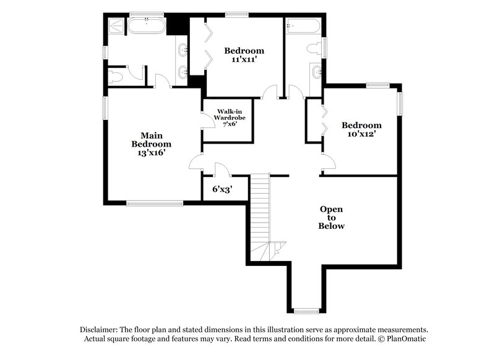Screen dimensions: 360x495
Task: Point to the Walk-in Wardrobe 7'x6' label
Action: [226, 117]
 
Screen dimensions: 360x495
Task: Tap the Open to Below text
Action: [331, 218]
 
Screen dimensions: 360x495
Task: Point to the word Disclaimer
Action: [100, 330]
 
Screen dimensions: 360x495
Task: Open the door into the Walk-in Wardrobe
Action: [206, 120]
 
